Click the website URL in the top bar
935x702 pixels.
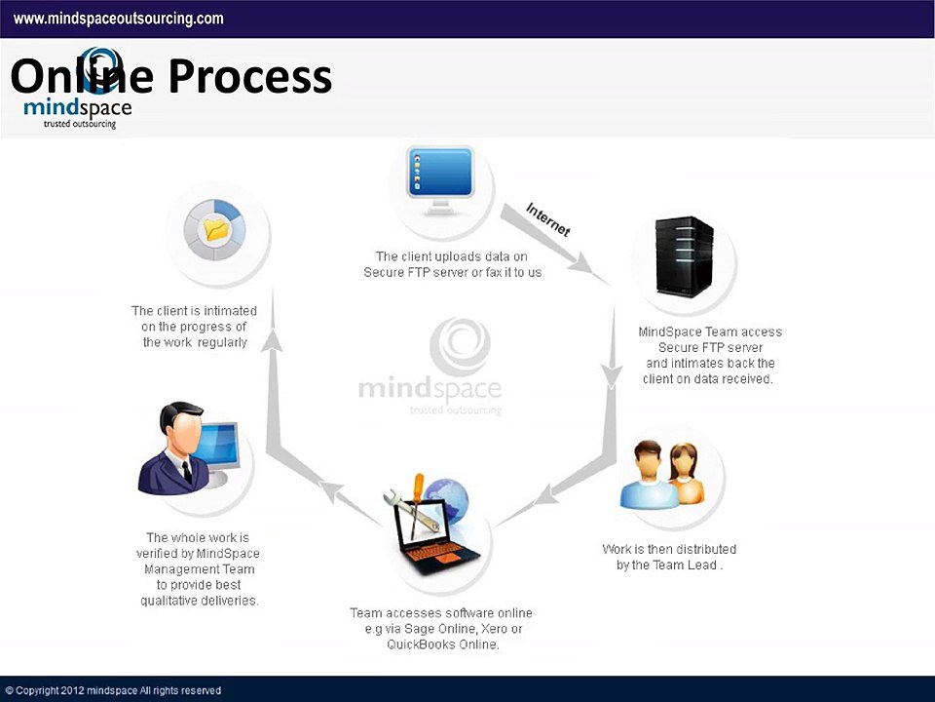tap(118, 19)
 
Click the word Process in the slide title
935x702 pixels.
tap(261, 76)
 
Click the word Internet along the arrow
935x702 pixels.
tap(547, 219)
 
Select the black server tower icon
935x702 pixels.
tap(685, 256)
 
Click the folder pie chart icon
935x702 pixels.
tap(214, 229)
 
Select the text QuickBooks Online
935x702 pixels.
tap(442, 644)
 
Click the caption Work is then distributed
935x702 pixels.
tap(668, 549)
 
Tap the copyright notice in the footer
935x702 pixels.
tap(113, 690)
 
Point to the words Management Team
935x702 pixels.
tap(199, 568)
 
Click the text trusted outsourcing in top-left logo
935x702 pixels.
tap(79, 124)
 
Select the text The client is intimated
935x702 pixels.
tap(194, 311)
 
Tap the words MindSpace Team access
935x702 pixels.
tap(709, 331)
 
